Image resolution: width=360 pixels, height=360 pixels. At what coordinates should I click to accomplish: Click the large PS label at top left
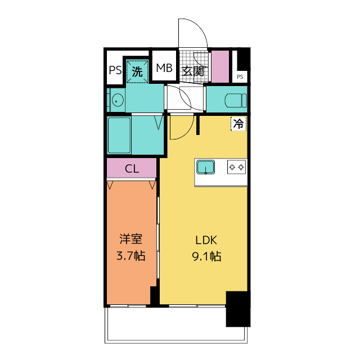point(115,70)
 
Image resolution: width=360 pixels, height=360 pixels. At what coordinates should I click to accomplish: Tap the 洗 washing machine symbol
point(137,71)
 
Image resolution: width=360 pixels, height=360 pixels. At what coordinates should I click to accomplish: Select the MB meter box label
point(164,69)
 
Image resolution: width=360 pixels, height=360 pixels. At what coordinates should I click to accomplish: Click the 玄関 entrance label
point(192,71)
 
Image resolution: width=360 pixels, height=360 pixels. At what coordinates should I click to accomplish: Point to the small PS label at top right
point(240,76)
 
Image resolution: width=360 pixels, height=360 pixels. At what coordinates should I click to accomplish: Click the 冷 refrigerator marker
point(238,124)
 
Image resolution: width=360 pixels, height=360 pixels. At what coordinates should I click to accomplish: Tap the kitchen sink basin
point(205,167)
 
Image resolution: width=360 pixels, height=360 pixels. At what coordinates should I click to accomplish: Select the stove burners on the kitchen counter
point(236,166)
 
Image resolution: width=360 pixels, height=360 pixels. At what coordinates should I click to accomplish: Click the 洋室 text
point(130,239)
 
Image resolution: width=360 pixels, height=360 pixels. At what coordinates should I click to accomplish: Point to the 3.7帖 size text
point(130,256)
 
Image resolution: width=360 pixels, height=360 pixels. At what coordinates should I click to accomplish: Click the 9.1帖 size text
point(205,257)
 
